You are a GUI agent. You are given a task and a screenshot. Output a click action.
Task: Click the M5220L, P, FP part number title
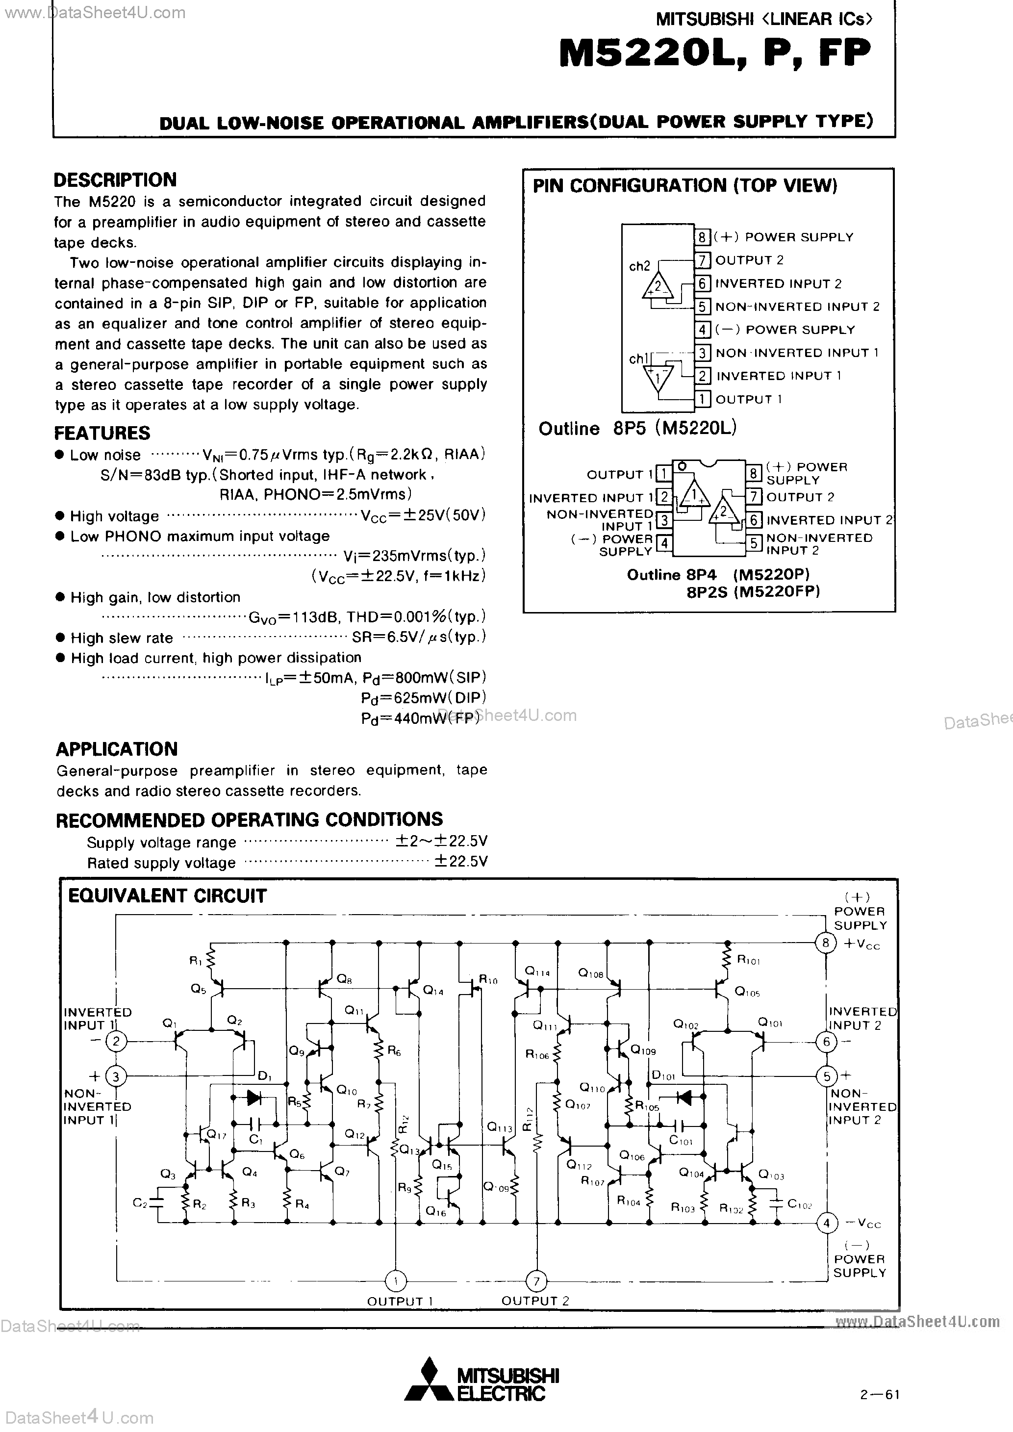[714, 55]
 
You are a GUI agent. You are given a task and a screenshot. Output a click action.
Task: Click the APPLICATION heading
[117, 749]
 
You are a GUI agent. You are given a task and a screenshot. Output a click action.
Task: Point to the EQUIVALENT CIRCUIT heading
[167, 896]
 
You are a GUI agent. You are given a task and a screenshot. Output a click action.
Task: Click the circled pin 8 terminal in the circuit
[825, 943]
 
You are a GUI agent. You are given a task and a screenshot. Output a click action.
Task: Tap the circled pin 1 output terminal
[395, 1280]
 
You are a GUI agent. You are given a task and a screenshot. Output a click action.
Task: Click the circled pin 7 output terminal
[536, 1280]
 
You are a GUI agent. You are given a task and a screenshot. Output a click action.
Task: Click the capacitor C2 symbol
[157, 1202]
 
